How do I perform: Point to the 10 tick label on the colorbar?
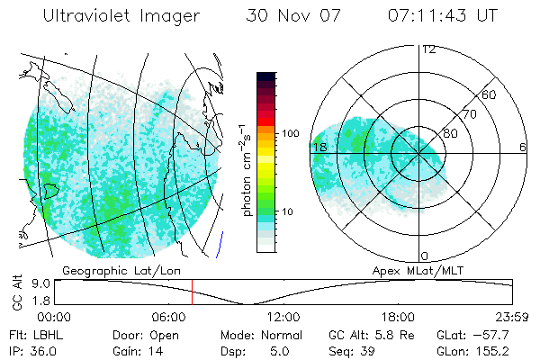(288, 211)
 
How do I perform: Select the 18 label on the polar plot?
(319, 147)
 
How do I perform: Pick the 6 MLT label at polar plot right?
(523, 147)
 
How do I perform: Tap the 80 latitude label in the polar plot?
(450, 133)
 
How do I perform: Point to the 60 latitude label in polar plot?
(490, 94)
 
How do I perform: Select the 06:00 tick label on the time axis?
(169, 317)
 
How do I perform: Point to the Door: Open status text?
(141, 334)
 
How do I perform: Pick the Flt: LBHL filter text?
(32, 334)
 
